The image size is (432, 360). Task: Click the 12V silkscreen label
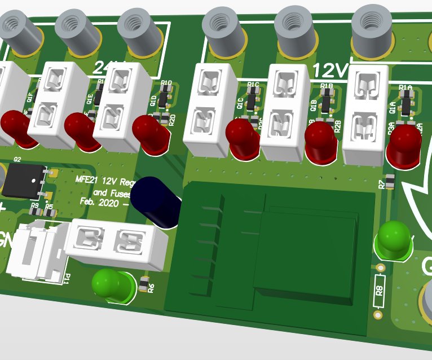point(331,71)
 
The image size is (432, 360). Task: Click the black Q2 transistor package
point(25,181)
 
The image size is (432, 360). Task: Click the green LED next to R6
point(113,284)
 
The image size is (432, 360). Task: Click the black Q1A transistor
point(406,106)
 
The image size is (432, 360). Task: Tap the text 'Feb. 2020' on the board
point(98,201)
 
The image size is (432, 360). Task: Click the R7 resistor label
point(382,184)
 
